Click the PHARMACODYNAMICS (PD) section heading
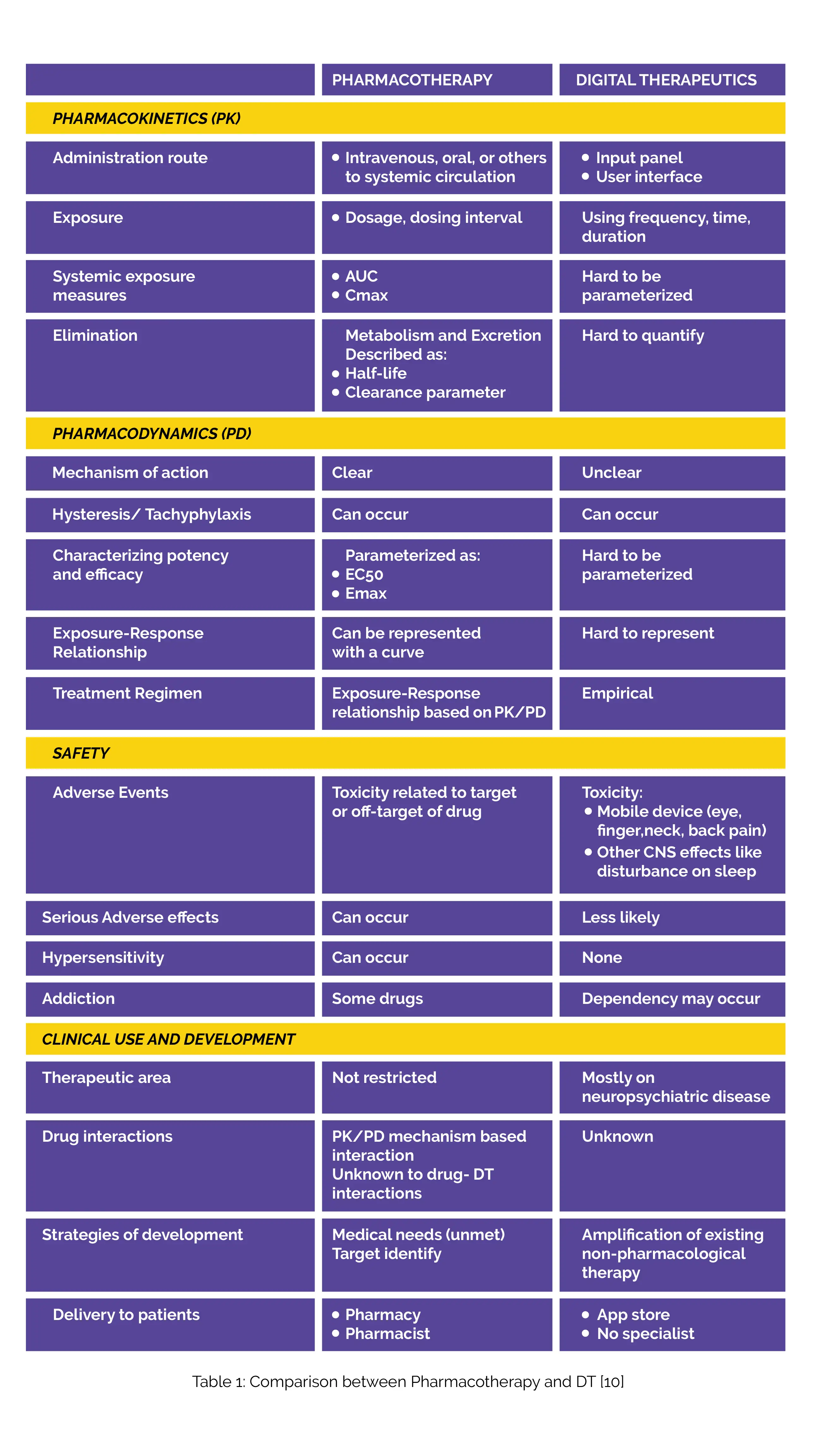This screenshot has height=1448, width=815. pyautogui.click(x=152, y=433)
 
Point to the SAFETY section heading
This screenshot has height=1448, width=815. pyautogui.click(x=81, y=753)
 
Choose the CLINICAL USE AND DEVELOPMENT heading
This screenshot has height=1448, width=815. pyautogui.click(x=168, y=1039)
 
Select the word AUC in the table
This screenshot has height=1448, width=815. pyautogui.click(x=361, y=277)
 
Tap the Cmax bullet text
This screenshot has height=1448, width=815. pyautogui.click(x=366, y=296)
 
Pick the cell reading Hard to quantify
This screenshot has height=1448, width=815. pyautogui.click(x=643, y=336)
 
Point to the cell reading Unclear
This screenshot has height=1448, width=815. pyautogui.click(x=611, y=473)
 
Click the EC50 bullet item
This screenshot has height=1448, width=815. pyautogui.click(x=364, y=574)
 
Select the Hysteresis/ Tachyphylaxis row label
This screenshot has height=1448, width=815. pyautogui.click(x=152, y=514)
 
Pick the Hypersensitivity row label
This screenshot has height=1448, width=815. pyautogui.click(x=103, y=957)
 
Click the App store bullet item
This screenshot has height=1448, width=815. pyautogui.click(x=633, y=1315)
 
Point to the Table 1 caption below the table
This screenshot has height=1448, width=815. pyautogui.click(x=408, y=1382)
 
